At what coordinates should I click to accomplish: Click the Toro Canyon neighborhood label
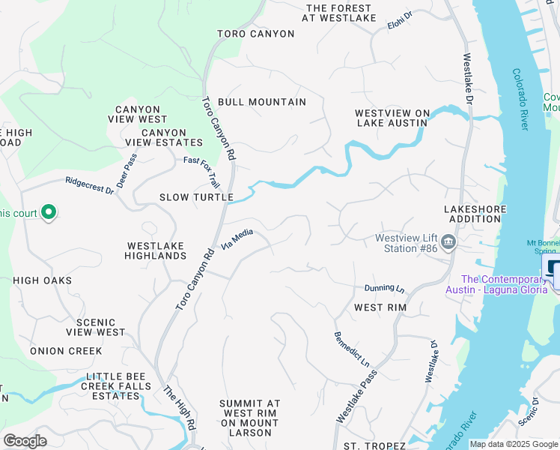click(x=256, y=34)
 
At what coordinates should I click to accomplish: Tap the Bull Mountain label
click(x=261, y=102)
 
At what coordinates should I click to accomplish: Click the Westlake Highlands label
click(x=156, y=250)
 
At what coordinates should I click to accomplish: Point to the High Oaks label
click(x=43, y=280)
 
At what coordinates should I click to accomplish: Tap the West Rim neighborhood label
click(x=379, y=307)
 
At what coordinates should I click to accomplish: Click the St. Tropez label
click(x=374, y=445)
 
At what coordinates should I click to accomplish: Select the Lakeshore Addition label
click(x=475, y=214)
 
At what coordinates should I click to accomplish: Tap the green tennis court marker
click(x=49, y=213)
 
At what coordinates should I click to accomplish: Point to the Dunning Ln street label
click(x=384, y=288)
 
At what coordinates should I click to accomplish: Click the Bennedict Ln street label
click(x=352, y=349)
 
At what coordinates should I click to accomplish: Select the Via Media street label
click(x=238, y=239)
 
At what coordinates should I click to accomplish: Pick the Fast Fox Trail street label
click(x=202, y=171)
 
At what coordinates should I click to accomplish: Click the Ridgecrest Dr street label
click(x=89, y=185)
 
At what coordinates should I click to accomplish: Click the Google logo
click(x=25, y=441)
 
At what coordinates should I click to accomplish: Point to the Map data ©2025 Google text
click(x=514, y=444)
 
